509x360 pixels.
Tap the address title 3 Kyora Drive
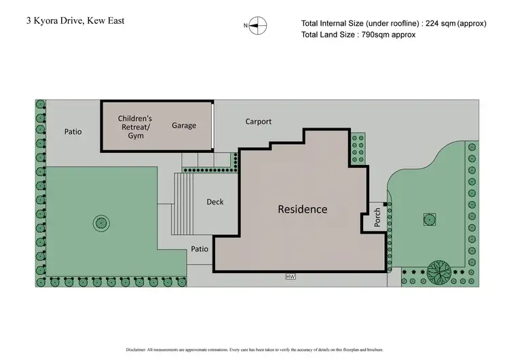pos(75,20)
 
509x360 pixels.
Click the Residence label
pos(302,209)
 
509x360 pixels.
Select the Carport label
pos(258,122)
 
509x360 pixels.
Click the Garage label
pos(184,126)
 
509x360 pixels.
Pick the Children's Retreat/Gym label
pos(135,126)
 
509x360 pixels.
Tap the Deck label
pos(214,202)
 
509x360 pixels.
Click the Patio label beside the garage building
pos(73,131)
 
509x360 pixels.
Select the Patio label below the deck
pos(199,249)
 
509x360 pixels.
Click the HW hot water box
pos(290,276)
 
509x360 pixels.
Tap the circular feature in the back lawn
pos(100,222)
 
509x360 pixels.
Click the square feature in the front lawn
pos(428,219)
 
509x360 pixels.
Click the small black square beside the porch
pos(385,203)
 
